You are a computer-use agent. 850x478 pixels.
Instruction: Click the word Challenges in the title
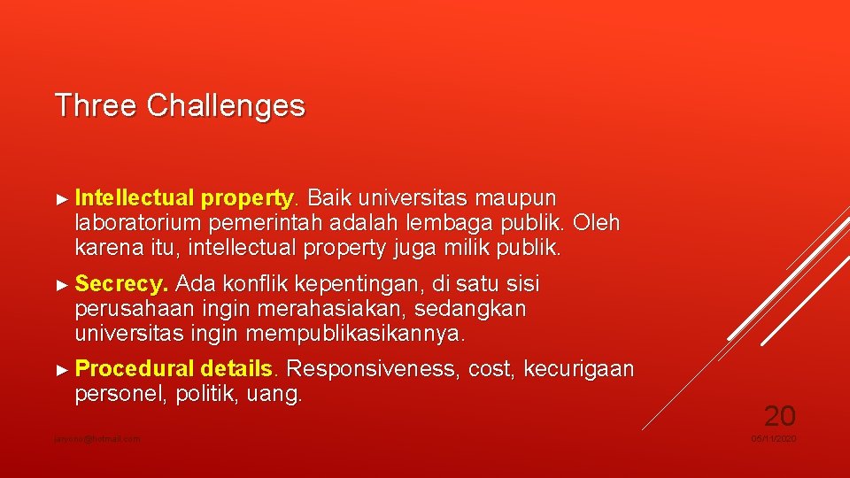226,106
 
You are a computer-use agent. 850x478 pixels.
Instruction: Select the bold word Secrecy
121,284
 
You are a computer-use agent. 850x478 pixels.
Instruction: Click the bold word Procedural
135,368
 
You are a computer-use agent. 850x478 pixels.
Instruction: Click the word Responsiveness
373,368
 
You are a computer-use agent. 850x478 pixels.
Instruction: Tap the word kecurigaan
579,368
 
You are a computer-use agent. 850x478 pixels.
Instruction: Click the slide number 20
780,415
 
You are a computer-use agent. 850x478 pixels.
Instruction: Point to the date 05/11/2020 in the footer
774,439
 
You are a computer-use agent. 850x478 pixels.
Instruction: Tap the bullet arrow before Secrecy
61,285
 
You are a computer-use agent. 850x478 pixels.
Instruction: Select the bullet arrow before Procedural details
61,368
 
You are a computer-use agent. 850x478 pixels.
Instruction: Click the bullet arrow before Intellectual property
61,197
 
